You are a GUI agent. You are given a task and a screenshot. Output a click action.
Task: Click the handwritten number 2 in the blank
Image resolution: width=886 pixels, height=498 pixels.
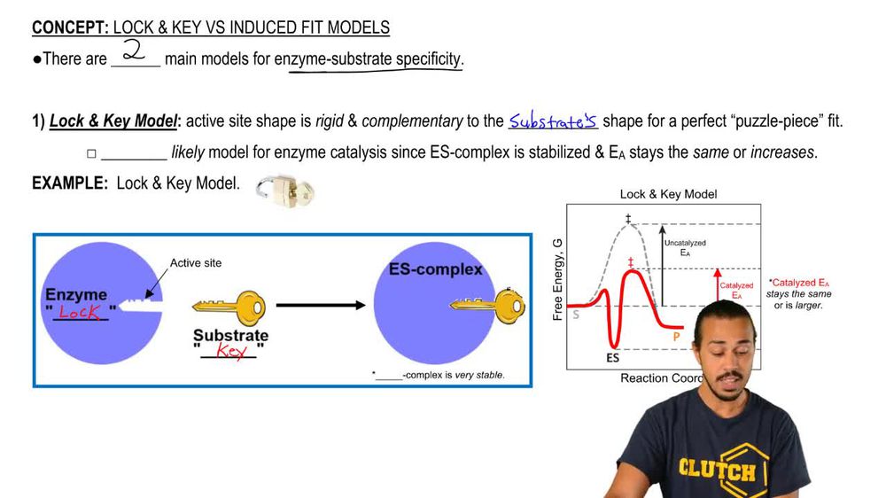[x=135, y=51]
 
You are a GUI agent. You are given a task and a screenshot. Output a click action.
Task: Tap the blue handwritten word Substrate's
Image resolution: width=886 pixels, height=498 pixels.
[x=553, y=121]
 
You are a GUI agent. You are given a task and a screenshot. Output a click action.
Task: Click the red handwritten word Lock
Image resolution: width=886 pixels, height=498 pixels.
[x=80, y=312]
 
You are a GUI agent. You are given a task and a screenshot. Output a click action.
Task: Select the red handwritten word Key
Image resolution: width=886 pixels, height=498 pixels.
[x=230, y=351]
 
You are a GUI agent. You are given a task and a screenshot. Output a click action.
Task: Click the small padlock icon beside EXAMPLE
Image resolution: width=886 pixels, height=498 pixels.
[x=284, y=189]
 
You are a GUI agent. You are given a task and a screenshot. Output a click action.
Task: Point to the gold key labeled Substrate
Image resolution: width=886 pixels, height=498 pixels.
[x=229, y=307]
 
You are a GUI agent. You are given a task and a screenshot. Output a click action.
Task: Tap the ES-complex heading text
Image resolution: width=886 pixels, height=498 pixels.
[x=435, y=268]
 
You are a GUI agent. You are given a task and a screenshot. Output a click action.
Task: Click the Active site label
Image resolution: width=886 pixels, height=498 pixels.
[x=196, y=263]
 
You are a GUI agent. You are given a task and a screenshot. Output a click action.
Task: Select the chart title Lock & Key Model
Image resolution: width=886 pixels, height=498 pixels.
[x=668, y=194]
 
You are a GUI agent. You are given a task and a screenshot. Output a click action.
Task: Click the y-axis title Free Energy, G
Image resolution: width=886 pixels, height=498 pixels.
[x=558, y=280]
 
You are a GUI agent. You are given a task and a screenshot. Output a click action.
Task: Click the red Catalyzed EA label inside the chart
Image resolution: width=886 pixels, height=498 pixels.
[x=736, y=291]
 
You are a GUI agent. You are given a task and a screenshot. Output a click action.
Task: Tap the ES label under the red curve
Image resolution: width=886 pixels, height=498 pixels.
[x=611, y=358]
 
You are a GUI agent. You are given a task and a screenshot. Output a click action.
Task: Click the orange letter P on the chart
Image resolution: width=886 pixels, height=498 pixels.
[x=677, y=337]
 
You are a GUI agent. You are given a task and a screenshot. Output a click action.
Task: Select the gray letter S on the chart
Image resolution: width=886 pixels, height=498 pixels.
[x=576, y=313]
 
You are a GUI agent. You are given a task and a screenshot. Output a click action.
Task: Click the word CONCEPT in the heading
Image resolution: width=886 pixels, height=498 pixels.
[x=70, y=27]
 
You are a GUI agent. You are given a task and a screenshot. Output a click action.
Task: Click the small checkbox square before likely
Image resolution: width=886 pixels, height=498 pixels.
[x=91, y=153]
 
